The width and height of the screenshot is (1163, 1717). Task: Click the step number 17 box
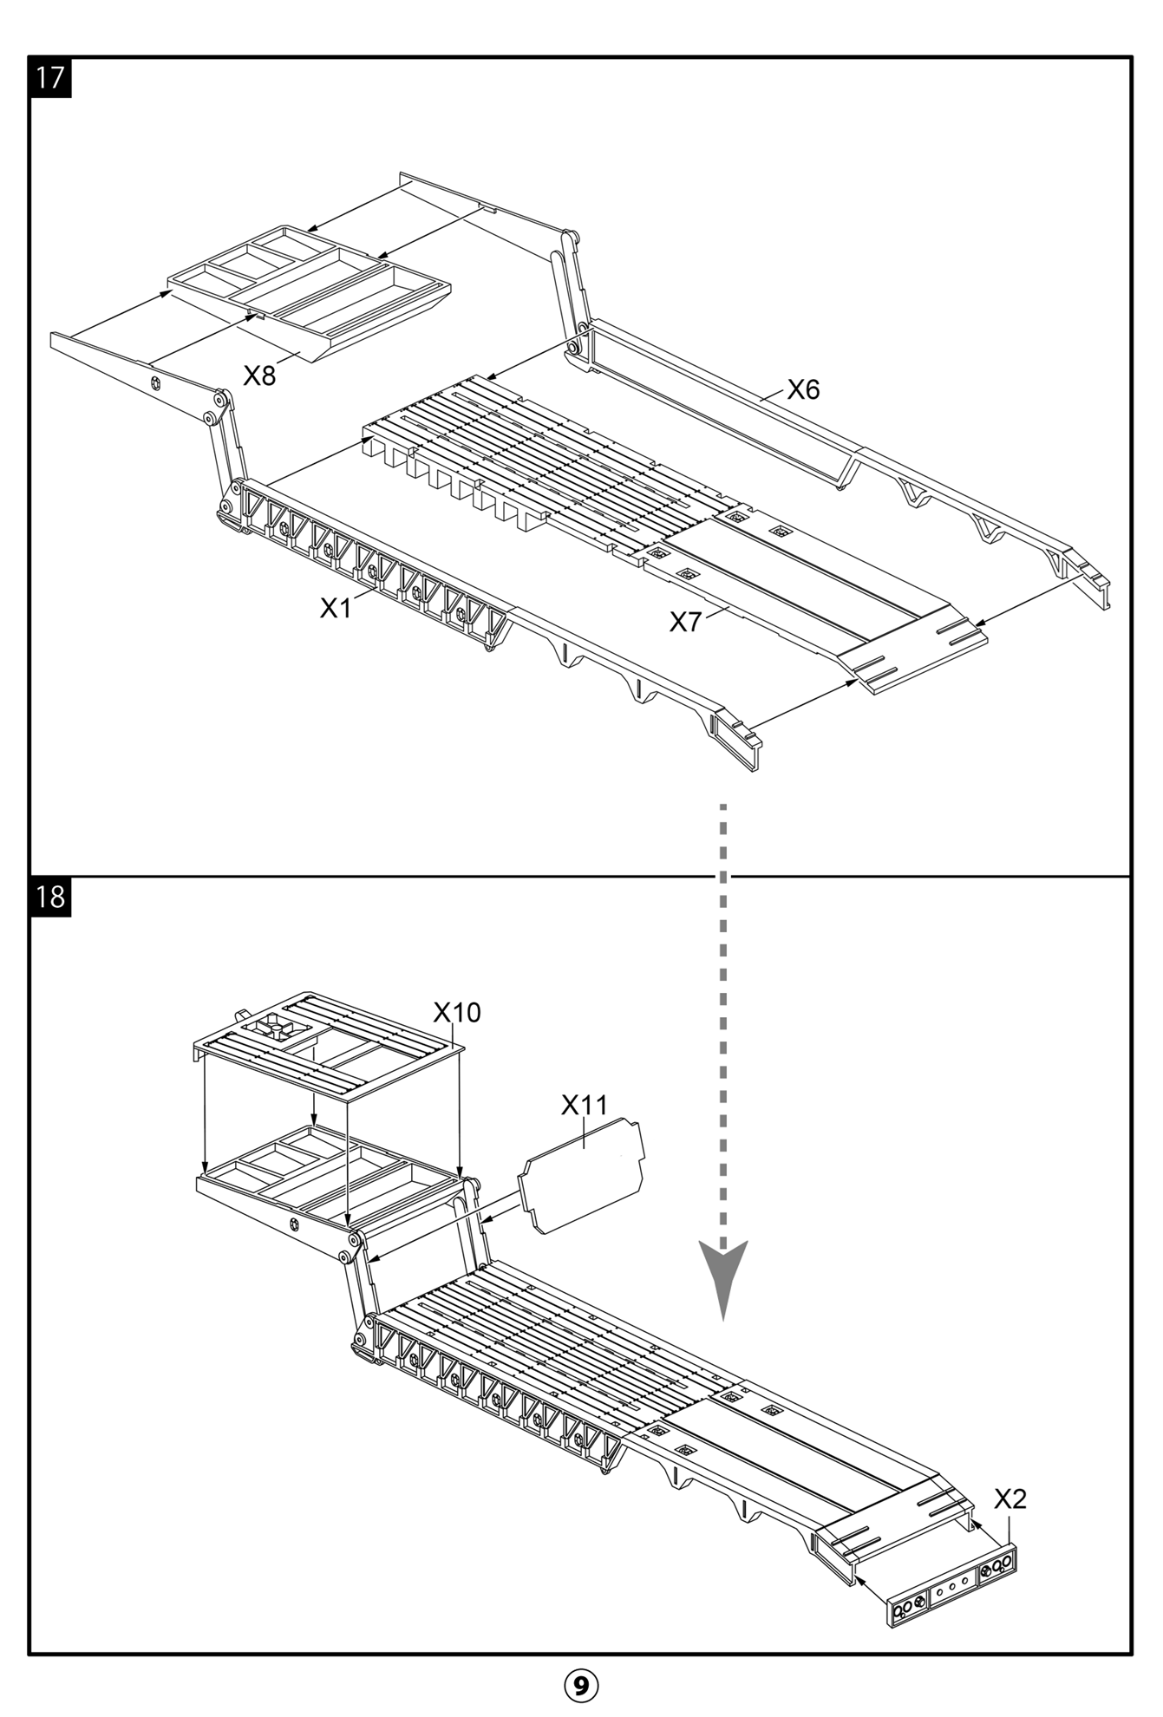51,77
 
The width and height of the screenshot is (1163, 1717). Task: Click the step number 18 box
51,896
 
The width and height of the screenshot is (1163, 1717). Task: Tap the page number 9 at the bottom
581,1685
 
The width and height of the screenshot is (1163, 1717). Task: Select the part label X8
259,375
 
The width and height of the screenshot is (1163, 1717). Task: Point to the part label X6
803,389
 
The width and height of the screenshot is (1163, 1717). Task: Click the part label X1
336,609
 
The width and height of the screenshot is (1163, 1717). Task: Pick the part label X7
685,621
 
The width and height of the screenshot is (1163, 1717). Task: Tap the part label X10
456,1012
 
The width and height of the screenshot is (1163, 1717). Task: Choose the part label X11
585,1105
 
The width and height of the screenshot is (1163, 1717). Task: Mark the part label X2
1009,1498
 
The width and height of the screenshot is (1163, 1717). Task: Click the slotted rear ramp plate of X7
919,650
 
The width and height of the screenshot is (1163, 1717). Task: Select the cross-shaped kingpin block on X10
275,1028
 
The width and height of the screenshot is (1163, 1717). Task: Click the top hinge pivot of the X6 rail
569,237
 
